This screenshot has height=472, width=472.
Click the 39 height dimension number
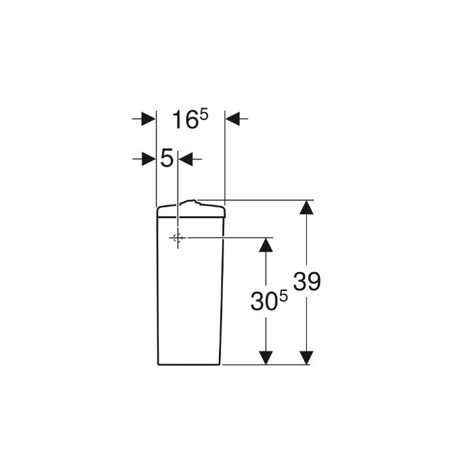click(x=307, y=281)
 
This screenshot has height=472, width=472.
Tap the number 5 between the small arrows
click(x=167, y=158)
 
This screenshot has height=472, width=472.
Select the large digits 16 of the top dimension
click(x=186, y=120)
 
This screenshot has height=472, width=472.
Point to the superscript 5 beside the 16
click(x=205, y=115)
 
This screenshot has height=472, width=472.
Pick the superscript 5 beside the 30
click(x=284, y=297)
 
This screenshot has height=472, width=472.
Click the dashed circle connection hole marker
click(x=178, y=238)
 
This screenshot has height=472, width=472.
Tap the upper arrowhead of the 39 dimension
click(x=306, y=207)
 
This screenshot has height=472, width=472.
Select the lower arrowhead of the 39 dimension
click(x=306, y=358)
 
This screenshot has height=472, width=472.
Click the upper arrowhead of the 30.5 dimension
click(x=265, y=245)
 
